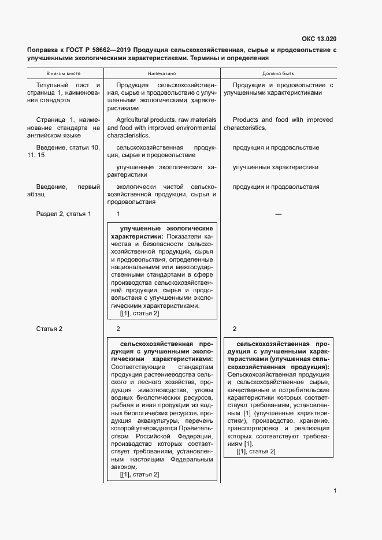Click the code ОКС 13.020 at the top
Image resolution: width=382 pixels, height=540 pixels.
[x=318, y=39]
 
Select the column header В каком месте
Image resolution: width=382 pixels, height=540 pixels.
[x=64, y=74]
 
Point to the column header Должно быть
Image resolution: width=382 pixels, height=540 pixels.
[x=279, y=74]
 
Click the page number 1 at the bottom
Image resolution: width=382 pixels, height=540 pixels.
[x=335, y=491]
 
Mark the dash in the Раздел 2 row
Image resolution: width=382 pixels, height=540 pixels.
[x=278, y=214]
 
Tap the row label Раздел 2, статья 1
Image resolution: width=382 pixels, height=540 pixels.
[x=64, y=214]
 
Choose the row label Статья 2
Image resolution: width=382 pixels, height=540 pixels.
[x=49, y=329]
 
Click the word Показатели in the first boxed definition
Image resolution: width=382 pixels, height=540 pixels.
[x=184, y=236]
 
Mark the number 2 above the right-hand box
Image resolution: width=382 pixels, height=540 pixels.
[x=235, y=329]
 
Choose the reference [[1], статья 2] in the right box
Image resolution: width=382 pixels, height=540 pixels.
[x=255, y=451]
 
